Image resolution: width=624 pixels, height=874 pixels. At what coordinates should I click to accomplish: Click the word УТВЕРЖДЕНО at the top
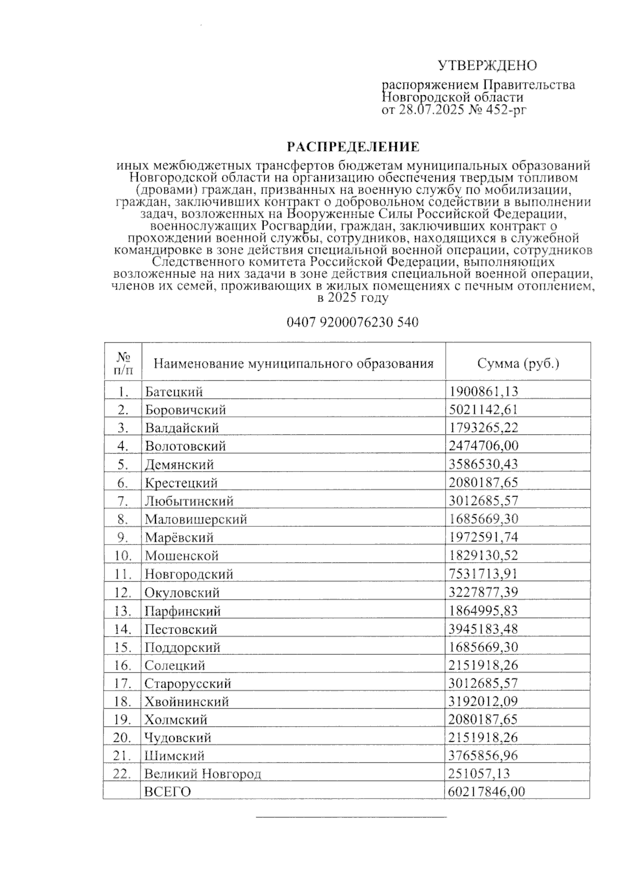click(x=487, y=66)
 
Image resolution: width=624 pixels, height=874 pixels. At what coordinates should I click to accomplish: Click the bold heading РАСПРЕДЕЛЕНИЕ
click(x=354, y=147)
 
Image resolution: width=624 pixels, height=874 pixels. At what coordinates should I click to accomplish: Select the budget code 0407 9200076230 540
click(x=353, y=323)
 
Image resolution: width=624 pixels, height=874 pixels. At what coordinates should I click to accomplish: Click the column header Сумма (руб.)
click(x=518, y=363)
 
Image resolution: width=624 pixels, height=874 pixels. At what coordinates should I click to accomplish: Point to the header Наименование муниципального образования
click(x=293, y=363)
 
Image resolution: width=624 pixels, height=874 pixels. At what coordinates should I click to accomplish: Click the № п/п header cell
click(x=123, y=363)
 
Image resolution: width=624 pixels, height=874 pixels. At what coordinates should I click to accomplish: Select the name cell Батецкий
click(x=174, y=392)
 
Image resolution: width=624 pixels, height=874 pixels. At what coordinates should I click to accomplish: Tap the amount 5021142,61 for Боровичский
click(x=484, y=410)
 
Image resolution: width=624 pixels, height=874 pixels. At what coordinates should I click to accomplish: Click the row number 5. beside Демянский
click(x=123, y=465)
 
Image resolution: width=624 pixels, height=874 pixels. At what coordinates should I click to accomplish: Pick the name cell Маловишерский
click(x=196, y=520)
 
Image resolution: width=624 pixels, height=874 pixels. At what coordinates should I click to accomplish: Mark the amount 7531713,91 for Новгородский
click(x=484, y=574)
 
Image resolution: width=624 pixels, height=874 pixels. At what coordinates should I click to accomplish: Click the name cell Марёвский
click(x=179, y=538)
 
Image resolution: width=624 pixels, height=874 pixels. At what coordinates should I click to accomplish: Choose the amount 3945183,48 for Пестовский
click(x=484, y=629)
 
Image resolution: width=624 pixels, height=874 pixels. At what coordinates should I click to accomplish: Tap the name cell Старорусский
click(x=188, y=683)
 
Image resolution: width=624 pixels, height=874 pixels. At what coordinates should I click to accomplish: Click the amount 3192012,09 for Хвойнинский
click(x=484, y=702)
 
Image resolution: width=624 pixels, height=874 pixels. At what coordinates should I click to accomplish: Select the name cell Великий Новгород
click(x=203, y=774)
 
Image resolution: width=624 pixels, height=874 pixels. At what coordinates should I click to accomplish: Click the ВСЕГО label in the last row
click(x=167, y=792)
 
